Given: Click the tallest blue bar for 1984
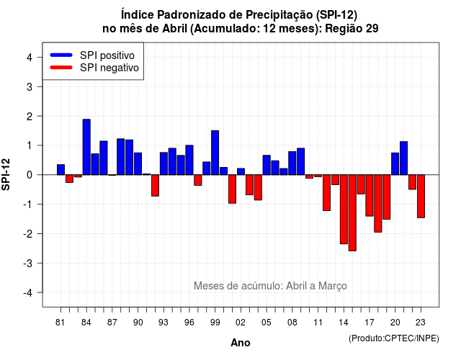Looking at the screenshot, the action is click(86, 147).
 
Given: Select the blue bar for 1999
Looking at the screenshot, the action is click(215, 153).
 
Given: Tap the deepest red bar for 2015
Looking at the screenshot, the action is click(352, 213).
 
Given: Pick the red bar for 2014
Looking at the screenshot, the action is click(344, 210).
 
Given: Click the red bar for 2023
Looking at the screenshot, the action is click(421, 197).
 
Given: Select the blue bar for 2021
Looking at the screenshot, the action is click(403, 158).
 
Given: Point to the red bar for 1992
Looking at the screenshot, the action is click(156, 186).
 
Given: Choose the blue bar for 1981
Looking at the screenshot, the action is click(61, 170).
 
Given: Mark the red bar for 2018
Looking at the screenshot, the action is click(378, 203).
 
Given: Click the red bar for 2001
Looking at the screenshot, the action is click(232, 189).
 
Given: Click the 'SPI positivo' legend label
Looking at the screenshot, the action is click(107, 55).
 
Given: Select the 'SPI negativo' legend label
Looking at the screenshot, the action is click(109, 68).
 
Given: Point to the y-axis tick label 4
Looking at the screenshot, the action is click(30, 58).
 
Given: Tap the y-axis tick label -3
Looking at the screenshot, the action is click(28, 264).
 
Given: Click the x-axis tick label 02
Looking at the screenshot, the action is click(241, 323).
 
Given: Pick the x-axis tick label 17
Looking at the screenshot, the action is click(370, 323).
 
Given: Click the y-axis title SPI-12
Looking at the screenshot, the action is click(6, 174).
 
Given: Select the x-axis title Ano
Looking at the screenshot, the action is click(241, 343).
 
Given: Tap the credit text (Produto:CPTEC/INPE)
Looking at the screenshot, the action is click(394, 338).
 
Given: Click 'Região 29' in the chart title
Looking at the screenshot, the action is click(352, 29).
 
